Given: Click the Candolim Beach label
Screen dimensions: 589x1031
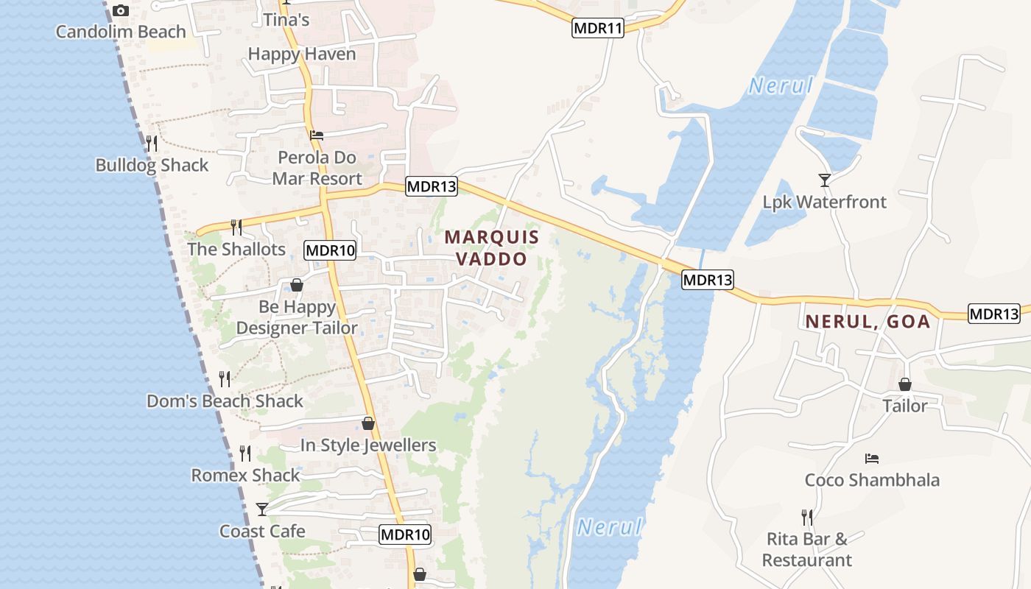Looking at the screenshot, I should [x=121, y=32].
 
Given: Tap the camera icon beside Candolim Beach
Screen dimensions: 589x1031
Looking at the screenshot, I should [x=121, y=10].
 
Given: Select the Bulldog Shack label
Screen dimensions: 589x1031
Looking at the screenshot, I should [x=152, y=165].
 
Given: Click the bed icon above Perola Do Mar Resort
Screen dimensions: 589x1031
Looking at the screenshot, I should [x=317, y=135].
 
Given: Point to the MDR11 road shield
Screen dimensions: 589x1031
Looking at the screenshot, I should [x=597, y=29].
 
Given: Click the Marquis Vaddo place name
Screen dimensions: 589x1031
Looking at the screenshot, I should [x=492, y=248].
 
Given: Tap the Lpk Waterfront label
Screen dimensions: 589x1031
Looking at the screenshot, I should [x=824, y=202].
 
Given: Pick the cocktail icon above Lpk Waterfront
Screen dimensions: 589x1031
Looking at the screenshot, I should [x=824, y=180].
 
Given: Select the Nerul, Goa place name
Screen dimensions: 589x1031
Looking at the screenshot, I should [x=868, y=322].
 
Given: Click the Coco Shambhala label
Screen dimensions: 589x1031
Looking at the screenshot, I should [x=872, y=480].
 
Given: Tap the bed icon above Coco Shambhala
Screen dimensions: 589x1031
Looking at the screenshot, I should [x=872, y=459].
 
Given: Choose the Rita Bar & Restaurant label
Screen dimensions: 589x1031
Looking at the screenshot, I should [x=807, y=549].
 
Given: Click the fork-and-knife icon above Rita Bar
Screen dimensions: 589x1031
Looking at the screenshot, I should [x=807, y=518].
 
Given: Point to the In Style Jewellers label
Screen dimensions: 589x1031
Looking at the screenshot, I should [x=368, y=445].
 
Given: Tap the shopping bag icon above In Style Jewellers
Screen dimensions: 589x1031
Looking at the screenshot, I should [x=368, y=423].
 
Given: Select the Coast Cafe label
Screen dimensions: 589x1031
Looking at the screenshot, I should [x=262, y=531].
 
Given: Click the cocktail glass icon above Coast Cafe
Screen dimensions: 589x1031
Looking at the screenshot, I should [x=262, y=509].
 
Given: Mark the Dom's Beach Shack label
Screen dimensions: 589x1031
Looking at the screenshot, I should [x=225, y=401].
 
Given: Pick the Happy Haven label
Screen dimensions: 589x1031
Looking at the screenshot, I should [x=302, y=54].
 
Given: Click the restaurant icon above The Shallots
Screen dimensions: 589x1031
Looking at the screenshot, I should [x=236, y=227].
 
